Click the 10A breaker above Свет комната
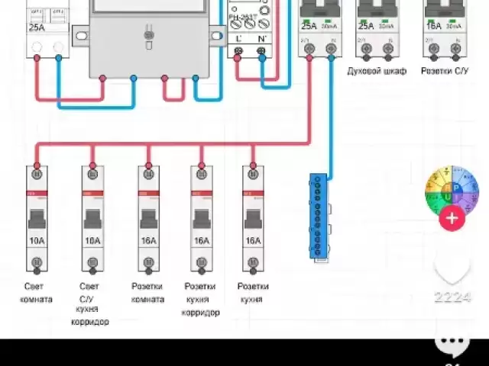(36, 219)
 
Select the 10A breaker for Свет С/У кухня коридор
(92, 219)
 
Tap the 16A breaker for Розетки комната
(148, 219)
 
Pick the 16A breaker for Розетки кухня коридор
(202, 219)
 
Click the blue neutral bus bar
(318, 217)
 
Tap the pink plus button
(452, 219)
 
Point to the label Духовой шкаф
(377, 71)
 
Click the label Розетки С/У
(445, 71)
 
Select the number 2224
(452, 297)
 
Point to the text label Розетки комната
(148, 293)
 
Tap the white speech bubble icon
(458, 345)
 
